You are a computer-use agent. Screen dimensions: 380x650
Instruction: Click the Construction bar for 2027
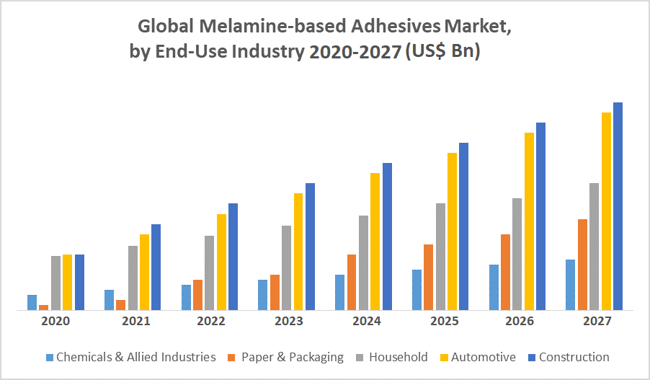(618, 206)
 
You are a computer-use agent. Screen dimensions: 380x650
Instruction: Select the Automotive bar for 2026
(529, 221)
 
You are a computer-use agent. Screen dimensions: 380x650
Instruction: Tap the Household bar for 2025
(440, 257)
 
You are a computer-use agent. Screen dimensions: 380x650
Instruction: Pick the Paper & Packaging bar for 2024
(352, 282)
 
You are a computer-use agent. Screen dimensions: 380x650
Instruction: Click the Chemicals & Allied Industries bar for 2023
(263, 295)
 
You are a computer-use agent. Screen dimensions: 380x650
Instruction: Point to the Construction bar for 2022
(233, 257)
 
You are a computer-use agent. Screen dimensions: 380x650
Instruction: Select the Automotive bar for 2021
(144, 272)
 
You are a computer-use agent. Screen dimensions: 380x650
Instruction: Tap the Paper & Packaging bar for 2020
(44, 307)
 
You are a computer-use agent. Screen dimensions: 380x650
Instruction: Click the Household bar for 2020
(55, 283)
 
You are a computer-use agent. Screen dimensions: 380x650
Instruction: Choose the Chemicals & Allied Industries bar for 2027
(571, 285)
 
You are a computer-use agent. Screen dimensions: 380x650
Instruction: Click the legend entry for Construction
(574, 357)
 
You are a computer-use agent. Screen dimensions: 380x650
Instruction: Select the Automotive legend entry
(484, 357)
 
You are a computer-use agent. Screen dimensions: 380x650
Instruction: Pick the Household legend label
(398, 357)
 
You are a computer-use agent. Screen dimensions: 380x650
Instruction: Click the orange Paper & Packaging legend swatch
(231, 357)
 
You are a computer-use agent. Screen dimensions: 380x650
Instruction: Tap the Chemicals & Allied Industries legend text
(135, 357)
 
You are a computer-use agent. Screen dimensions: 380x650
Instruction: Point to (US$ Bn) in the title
(442, 53)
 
